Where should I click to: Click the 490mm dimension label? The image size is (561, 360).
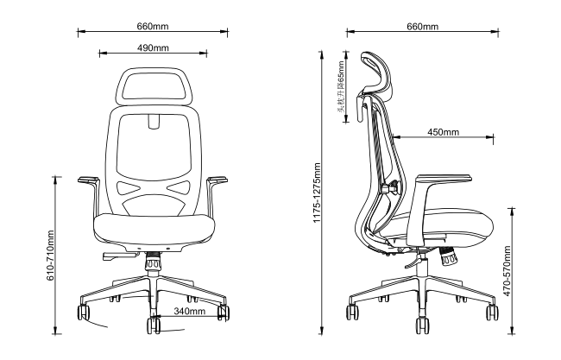pos(153,47)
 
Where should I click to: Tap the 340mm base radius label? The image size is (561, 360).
pos(190,311)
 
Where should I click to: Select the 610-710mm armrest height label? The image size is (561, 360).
pos(50,256)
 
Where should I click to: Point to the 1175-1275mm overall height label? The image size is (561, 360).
pos(317,193)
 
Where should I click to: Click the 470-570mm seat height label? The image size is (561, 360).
pos(507,271)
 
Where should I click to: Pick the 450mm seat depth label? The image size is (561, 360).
pos(443,132)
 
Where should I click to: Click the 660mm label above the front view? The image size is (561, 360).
pos(153,26)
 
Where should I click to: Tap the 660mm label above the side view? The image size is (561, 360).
pos(422,26)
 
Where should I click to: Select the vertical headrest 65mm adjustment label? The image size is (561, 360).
pos(341,87)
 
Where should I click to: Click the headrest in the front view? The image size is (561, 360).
pos(154,86)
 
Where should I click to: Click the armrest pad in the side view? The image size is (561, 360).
pos(444,177)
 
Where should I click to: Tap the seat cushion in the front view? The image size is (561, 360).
pos(154,229)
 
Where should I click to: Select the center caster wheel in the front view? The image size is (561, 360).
pos(154,325)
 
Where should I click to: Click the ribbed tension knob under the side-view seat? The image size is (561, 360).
pos(448,256)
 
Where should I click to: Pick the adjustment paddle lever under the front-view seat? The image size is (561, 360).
pos(121,256)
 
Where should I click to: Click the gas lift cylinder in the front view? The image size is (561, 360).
pos(153,264)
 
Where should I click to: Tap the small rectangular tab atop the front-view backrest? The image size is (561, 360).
pos(154,121)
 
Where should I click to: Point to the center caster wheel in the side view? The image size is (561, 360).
pos(423,325)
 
